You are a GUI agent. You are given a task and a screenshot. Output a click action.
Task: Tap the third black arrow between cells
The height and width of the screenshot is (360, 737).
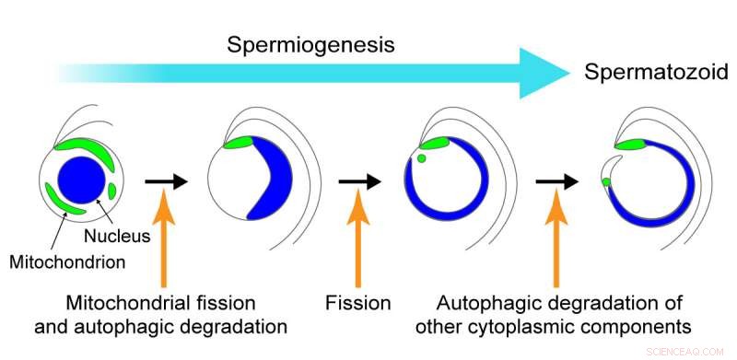pos(556,181)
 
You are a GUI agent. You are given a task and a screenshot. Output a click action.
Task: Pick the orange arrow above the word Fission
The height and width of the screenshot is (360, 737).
pos(359,244)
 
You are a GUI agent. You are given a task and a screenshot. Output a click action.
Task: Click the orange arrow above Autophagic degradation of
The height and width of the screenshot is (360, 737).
pos(556,244)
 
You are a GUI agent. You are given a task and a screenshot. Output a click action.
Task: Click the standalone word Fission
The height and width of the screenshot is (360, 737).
pos(358,303)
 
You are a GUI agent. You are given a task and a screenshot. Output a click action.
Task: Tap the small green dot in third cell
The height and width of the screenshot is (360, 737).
pos(421,158)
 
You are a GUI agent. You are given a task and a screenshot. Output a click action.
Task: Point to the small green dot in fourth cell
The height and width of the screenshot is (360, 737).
pos(606,182)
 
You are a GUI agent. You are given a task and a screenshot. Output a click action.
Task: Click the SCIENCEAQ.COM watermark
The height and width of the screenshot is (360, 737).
pos(703,352)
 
